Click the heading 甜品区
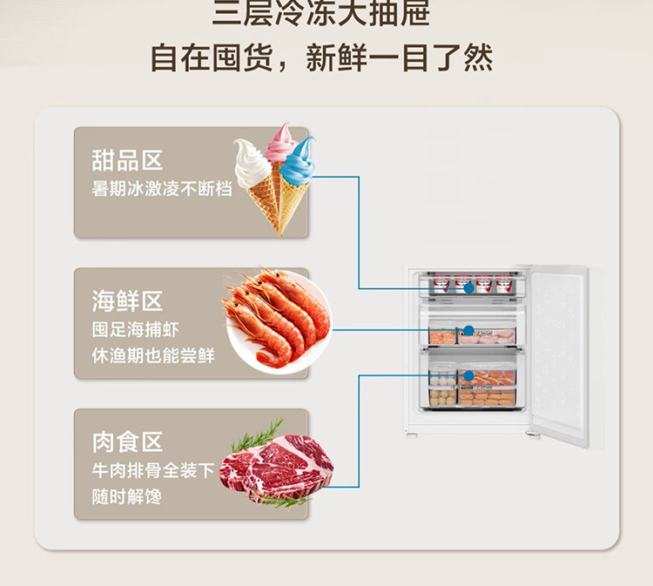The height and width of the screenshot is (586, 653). click(127, 160)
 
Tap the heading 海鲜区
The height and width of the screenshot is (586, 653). click(127, 301)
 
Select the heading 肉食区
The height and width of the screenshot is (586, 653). click(127, 442)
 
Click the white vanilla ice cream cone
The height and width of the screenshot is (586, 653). click(253, 174)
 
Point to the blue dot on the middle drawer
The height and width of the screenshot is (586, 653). click(468, 331)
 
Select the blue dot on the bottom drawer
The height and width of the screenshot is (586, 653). click(468, 375)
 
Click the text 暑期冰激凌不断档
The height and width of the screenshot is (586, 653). click(162, 188)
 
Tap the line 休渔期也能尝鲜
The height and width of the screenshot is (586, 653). click(153, 356)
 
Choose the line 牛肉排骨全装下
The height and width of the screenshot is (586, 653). click(153, 471)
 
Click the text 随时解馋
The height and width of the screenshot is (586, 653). click(127, 496)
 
